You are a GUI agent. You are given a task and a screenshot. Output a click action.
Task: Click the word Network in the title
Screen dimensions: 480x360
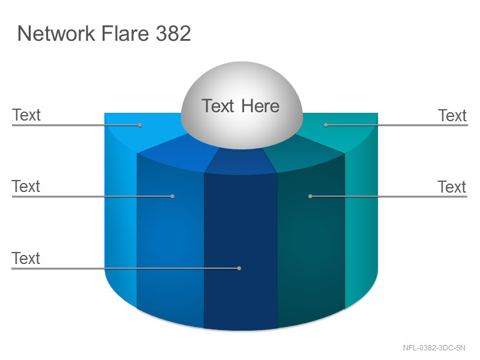pyautogui.click(x=56, y=34)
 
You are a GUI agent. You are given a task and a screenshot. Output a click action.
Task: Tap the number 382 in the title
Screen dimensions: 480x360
pyautogui.click(x=173, y=34)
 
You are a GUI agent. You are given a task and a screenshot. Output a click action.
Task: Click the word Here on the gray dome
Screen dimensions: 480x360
pyautogui.click(x=260, y=106)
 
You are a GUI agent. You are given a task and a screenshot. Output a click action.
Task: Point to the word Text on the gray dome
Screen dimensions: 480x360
pyautogui.click(x=218, y=106)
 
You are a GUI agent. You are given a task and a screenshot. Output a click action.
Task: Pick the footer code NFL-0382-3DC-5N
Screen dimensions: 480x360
pyautogui.click(x=434, y=348)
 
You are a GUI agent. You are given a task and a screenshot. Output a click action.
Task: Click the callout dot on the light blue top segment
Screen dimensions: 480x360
pyautogui.click(x=140, y=125)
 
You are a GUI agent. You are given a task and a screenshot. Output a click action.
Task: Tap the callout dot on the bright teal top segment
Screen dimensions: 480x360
pyautogui.click(x=326, y=125)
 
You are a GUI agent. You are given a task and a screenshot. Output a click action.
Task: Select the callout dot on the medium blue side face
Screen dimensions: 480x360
pyautogui.click(x=172, y=196)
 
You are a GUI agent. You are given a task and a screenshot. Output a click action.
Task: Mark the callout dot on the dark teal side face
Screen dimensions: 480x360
pyautogui.click(x=310, y=196)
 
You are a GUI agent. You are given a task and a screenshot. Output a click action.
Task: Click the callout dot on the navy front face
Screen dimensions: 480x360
pyautogui.click(x=239, y=268)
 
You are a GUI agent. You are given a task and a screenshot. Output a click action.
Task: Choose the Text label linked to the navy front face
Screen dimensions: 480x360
pyautogui.click(x=26, y=258)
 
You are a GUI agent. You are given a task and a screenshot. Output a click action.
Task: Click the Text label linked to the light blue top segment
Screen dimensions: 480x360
pyautogui.click(x=26, y=115)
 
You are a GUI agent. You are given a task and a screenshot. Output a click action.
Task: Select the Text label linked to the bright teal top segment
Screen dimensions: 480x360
pyautogui.click(x=452, y=116)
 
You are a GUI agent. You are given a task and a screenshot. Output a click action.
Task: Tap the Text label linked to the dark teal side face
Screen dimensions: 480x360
pyautogui.click(x=452, y=187)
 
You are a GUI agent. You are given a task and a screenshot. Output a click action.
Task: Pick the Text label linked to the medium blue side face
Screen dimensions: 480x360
pyautogui.click(x=26, y=186)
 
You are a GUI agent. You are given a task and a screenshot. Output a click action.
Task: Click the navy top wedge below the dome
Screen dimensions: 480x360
pyautogui.click(x=241, y=161)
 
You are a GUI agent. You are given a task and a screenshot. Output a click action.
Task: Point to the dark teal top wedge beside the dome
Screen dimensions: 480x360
pyautogui.click(x=303, y=153)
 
